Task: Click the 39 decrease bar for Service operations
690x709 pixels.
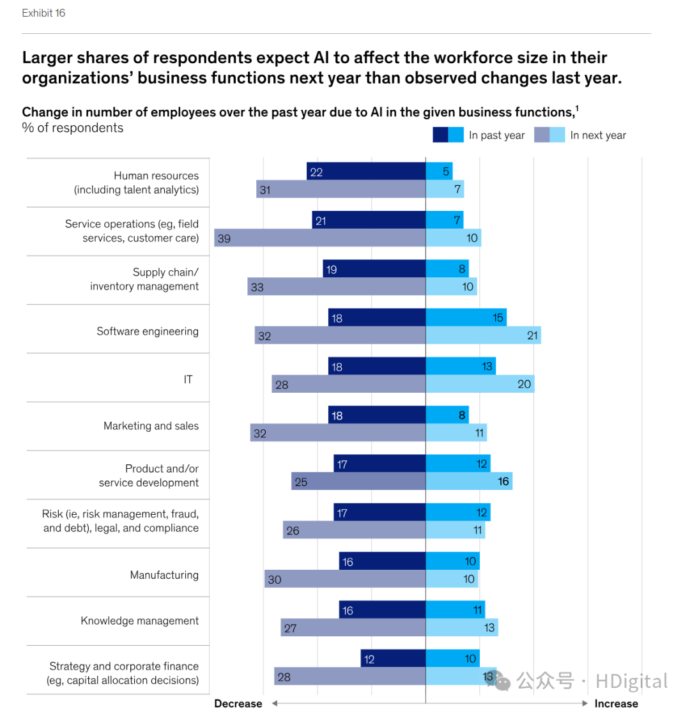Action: (319, 238)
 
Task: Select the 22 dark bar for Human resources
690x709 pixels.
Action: (366, 171)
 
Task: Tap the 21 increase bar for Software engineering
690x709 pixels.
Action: (483, 335)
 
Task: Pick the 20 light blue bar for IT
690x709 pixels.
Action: (480, 384)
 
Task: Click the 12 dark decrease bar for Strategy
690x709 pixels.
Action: (393, 658)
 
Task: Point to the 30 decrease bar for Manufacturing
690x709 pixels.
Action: (345, 579)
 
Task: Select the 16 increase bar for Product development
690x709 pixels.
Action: (469, 481)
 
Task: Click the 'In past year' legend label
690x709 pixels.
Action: (496, 135)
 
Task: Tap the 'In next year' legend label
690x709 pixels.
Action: (598, 135)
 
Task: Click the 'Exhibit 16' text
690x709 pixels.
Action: (43, 13)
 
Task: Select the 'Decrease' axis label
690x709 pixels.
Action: (238, 703)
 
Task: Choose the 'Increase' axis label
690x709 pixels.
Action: (616, 703)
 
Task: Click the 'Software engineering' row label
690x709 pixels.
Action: (148, 332)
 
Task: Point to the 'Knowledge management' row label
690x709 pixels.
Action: (139, 621)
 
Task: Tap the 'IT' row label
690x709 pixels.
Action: (188, 379)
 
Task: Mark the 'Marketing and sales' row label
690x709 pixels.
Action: (151, 426)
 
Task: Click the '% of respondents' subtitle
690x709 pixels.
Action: (73, 128)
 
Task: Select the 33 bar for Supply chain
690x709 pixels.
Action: (336, 287)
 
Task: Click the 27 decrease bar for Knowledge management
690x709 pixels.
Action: (353, 627)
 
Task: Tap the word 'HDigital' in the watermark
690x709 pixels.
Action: (631, 681)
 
